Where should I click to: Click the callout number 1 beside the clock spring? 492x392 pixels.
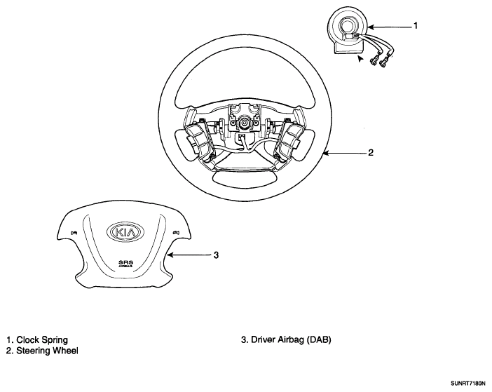[416, 27]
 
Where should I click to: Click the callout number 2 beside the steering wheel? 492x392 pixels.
[371, 153]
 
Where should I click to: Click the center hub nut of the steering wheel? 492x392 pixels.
[245, 123]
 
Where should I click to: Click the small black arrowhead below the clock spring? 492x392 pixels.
[361, 62]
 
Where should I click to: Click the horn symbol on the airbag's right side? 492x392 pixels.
[175, 232]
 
